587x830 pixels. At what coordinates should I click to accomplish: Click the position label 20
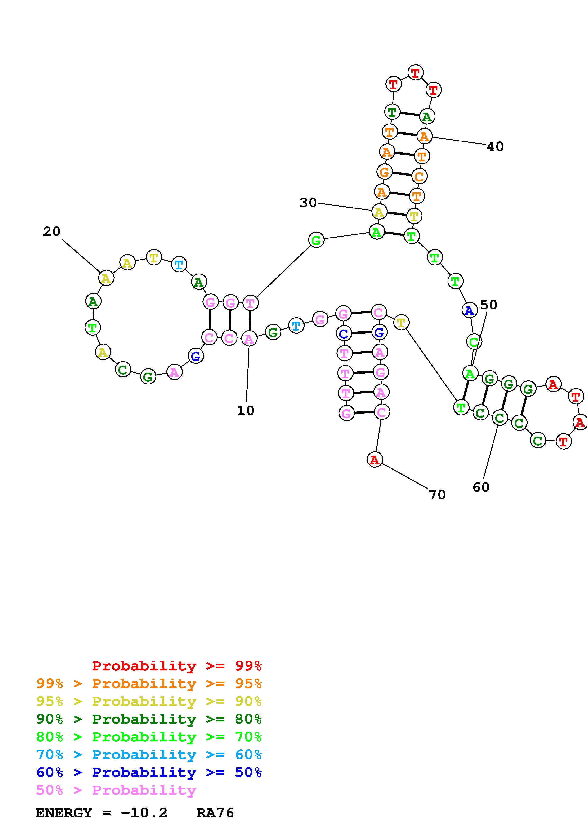click(x=52, y=231)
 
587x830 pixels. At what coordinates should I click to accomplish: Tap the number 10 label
click(x=246, y=410)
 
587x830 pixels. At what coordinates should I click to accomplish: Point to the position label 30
click(x=308, y=203)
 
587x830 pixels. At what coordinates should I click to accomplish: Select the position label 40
click(x=495, y=146)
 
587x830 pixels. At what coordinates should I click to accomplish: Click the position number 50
click(x=489, y=305)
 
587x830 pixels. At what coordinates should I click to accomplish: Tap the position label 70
click(x=437, y=494)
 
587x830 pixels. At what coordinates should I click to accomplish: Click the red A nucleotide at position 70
click(x=375, y=460)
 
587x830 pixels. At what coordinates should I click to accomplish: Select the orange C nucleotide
click(x=419, y=177)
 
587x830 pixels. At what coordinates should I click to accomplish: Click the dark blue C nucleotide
click(x=344, y=333)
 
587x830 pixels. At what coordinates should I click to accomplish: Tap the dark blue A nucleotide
click(x=469, y=310)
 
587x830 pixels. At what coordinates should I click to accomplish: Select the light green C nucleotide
click(x=474, y=341)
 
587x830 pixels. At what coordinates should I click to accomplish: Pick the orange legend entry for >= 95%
click(x=149, y=684)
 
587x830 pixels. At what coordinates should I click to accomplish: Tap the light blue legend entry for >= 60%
click(x=149, y=755)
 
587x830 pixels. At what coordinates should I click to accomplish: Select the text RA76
click(x=215, y=813)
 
